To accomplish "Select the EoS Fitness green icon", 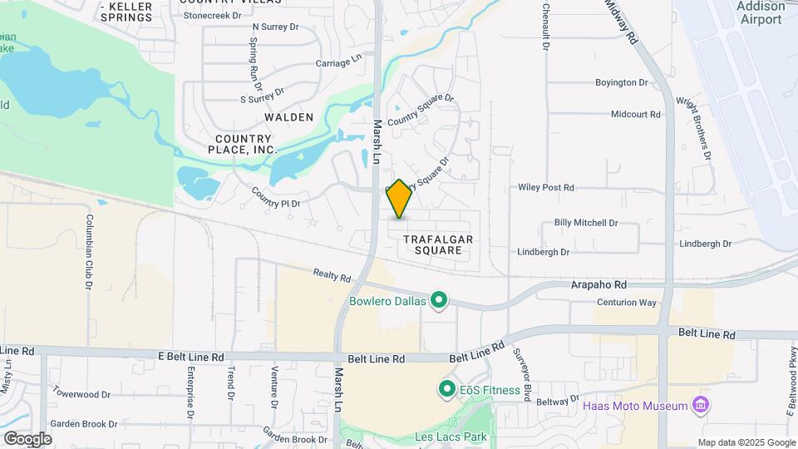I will [x=446, y=389].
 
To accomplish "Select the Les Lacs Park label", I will [x=450, y=436].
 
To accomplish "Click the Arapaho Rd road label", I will [x=598, y=284].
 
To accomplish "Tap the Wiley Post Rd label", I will [x=546, y=188].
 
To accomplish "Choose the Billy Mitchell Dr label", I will [x=586, y=223].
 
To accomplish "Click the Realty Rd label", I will [x=332, y=275].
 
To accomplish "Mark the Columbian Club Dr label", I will [x=87, y=253].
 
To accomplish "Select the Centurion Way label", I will [x=628, y=302].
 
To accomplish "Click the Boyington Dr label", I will [x=621, y=82].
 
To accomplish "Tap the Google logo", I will [x=27, y=438].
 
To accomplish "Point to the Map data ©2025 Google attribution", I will [x=746, y=442].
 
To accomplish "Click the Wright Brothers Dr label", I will [x=694, y=128].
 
